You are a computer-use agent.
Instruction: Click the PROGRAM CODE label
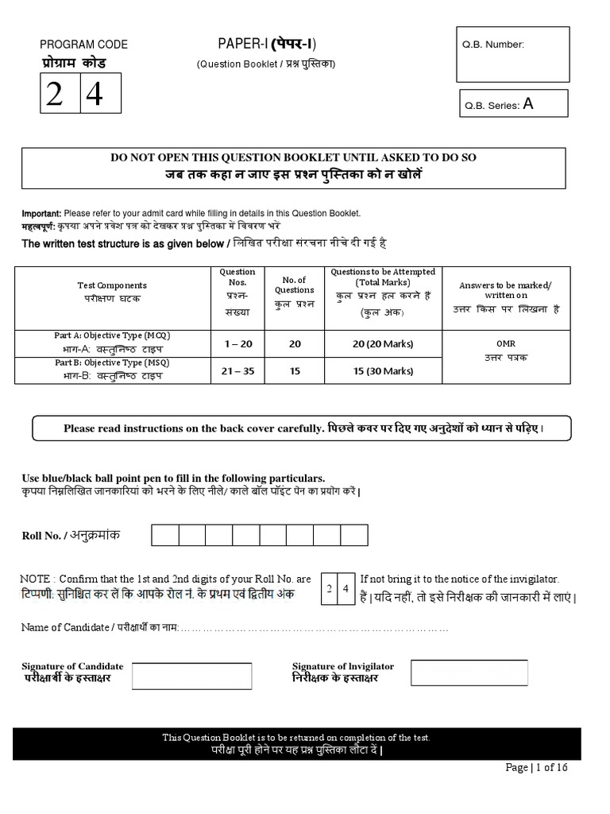(x=83, y=45)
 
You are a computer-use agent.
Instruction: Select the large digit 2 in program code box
(x=54, y=95)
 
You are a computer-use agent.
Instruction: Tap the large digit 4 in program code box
(x=95, y=95)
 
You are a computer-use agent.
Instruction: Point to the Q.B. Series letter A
(x=528, y=103)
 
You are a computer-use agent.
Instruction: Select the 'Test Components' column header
(x=111, y=285)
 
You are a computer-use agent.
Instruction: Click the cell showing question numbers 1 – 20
(x=237, y=343)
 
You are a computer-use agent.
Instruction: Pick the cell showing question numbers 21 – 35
(x=237, y=370)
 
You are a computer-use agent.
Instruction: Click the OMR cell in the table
(x=506, y=344)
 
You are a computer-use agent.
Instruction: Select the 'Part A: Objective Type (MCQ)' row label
(x=112, y=335)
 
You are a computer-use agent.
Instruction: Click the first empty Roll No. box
(x=165, y=535)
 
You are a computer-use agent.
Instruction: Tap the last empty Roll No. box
(x=353, y=535)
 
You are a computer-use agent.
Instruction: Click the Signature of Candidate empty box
(x=191, y=676)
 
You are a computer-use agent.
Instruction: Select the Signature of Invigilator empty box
(x=469, y=673)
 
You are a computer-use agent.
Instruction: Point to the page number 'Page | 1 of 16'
(x=536, y=767)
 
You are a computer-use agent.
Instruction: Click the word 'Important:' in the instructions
(x=41, y=214)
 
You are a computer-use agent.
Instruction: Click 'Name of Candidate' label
(x=66, y=627)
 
